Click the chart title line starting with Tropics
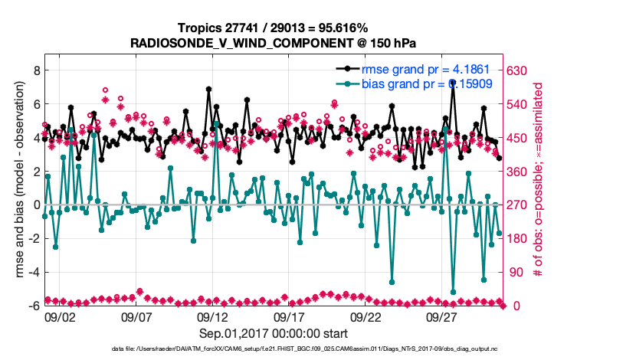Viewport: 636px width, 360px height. (x=273, y=28)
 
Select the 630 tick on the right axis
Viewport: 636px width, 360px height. (x=519, y=70)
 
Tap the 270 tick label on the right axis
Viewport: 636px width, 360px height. (x=519, y=205)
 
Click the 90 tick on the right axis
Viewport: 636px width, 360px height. (x=516, y=272)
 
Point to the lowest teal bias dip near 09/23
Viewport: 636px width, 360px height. (x=392, y=282)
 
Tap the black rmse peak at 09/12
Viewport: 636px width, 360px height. (x=208, y=89)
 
